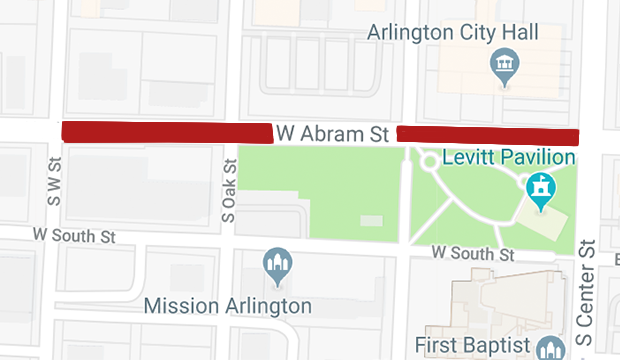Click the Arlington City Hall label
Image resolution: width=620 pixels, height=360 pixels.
tap(453, 32)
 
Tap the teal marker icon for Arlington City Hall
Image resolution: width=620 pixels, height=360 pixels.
tap(503, 68)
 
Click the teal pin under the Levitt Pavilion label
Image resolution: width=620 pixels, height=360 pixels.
tap(541, 190)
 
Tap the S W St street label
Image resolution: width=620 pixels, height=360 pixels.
tap(54, 182)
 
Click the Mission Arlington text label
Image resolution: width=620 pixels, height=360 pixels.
tap(228, 305)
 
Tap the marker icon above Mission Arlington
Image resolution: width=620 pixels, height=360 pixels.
tap(276, 263)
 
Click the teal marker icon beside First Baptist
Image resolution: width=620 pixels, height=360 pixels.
tap(548, 348)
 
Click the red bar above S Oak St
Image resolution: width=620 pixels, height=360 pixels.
tap(167, 131)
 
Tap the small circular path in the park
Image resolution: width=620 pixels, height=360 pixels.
tap(430, 160)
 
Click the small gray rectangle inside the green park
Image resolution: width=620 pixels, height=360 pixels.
tap(370, 219)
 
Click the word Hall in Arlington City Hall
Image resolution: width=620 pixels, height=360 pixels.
tap(517, 32)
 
